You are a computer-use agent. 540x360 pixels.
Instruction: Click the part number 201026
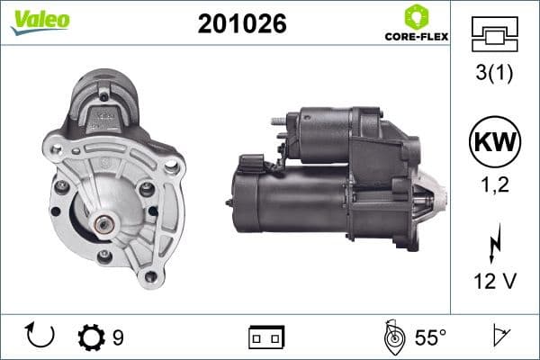pyautogui.click(x=241, y=25)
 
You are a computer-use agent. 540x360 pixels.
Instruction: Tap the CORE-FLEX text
pyautogui.click(x=416, y=38)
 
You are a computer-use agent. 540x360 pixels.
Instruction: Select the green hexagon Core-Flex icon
pyautogui.click(x=416, y=16)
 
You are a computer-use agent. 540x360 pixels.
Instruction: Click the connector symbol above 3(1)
pyautogui.click(x=493, y=33)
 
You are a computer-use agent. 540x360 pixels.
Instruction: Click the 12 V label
pyautogui.click(x=493, y=282)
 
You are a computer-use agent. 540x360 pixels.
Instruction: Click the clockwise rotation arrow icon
pyautogui.click(x=40, y=337)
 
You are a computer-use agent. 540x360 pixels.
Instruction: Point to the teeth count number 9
pyautogui.click(x=118, y=337)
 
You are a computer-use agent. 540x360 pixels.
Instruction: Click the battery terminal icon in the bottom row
pyautogui.click(x=266, y=337)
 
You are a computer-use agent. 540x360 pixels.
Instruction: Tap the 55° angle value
pyautogui.click(x=430, y=337)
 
